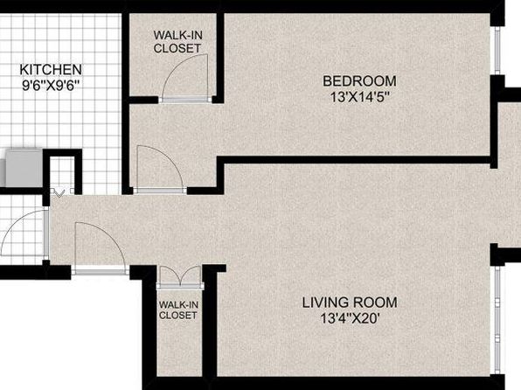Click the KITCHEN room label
[51, 70]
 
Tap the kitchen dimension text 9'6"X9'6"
[52, 86]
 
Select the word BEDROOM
[359, 81]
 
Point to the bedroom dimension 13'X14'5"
[359, 97]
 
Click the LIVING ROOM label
[350, 303]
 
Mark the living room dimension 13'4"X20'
[350, 318]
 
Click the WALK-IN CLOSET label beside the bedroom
[177, 42]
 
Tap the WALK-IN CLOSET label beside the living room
[178, 310]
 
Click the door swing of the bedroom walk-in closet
[185, 76]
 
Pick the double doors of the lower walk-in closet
[180, 276]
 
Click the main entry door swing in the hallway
[100, 247]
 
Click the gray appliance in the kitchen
[24, 168]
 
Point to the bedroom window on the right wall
[497, 51]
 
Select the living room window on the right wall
[497, 320]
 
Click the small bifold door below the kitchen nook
[62, 192]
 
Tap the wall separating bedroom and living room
[353, 160]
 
